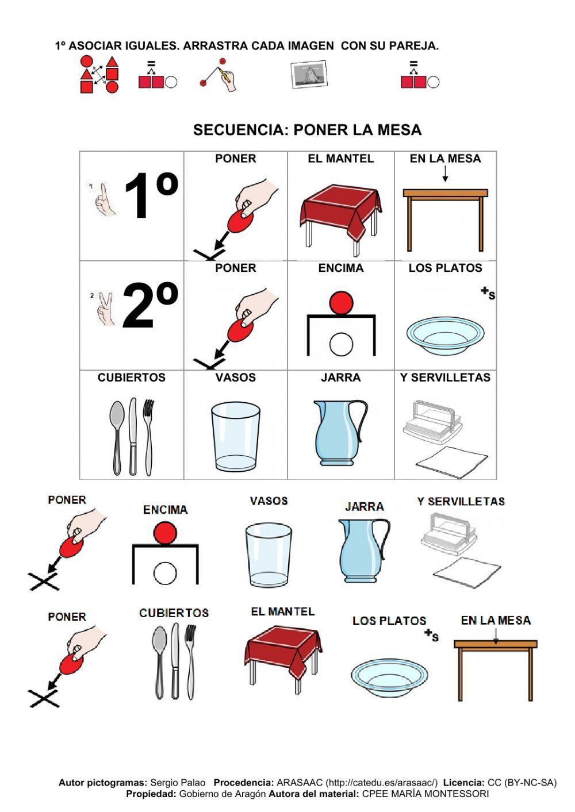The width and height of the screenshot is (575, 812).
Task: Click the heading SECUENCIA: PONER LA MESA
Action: tap(307, 130)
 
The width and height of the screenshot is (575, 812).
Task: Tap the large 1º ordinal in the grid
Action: tap(150, 198)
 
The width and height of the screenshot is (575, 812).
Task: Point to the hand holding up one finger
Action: tap(104, 200)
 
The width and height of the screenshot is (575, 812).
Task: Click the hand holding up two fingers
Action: tap(105, 309)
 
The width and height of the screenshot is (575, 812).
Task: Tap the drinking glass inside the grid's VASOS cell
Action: tap(235, 436)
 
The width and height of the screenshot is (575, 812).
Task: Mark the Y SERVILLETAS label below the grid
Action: tap(461, 502)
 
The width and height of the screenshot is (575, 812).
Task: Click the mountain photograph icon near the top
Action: tap(309, 75)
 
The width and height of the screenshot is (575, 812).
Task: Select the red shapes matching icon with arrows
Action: tap(99, 75)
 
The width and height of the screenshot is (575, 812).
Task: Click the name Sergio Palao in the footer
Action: tap(177, 783)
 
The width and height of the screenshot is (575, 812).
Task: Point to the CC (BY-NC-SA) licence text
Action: tap(522, 783)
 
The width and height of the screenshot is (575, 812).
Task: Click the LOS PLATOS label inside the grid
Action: tap(445, 268)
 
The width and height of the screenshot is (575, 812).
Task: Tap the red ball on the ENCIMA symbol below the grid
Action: tap(165, 532)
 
